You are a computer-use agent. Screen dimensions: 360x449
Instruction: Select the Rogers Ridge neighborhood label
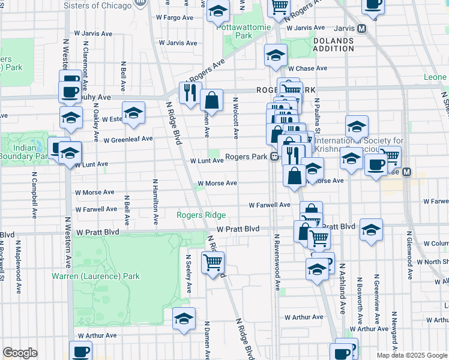[x=201, y=215]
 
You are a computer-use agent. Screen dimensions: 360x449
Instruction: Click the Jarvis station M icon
[x=361, y=28]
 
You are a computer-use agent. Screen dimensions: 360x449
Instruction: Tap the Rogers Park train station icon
[x=274, y=157]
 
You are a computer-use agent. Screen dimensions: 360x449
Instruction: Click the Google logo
[x=20, y=353]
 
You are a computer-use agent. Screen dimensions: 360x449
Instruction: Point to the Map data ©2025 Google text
[x=411, y=355]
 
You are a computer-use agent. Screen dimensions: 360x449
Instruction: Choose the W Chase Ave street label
[x=310, y=68]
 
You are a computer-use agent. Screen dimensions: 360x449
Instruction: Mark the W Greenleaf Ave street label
[x=128, y=139]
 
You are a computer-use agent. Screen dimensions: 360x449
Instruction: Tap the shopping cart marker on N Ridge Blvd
[x=213, y=262]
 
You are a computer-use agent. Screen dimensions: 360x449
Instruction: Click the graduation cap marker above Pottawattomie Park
[x=218, y=10]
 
